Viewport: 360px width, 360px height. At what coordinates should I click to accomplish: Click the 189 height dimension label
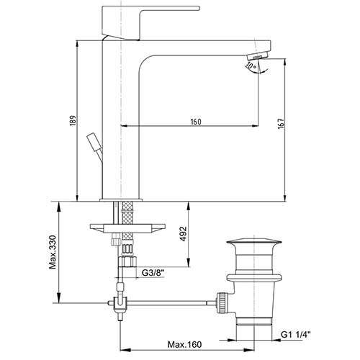tap(73, 120)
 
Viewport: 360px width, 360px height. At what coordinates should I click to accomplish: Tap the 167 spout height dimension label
tap(281, 124)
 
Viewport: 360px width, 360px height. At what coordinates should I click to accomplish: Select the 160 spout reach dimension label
tap(196, 122)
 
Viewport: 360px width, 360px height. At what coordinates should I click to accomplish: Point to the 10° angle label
tap(251, 66)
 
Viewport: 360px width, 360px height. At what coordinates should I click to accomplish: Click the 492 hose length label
tap(184, 234)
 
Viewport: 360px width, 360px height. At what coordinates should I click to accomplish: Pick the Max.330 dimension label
tap(53, 252)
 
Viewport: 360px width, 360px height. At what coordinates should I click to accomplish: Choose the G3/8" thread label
tap(153, 273)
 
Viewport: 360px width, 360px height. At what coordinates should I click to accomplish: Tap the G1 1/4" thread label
tap(296, 334)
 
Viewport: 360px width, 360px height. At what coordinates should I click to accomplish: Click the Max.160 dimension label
tap(184, 345)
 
